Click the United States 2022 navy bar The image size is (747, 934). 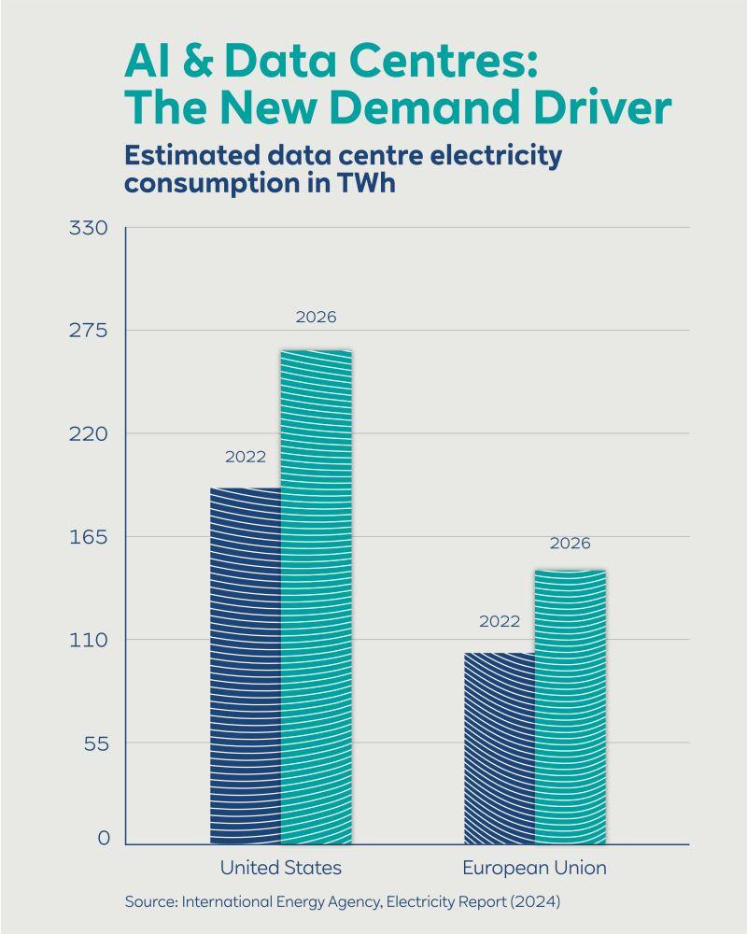pyautogui.click(x=246, y=666)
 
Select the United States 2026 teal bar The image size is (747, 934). pyautogui.click(x=317, y=597)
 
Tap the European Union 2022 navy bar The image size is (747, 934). pyautogui.click(x=500, y=749)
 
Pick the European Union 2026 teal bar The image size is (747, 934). pyautogui.click(x=571, y=707)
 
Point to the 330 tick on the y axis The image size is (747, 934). pyautogui.click(x=88, y=228)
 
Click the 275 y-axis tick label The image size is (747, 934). pyautogui.click(x=88, y=330)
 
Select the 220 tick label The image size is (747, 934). pyautogui.click(x=88, y=433)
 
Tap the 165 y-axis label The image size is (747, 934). pyautogui.click(x=88, y=537)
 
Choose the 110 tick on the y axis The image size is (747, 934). pyautogui.click(x=88, y=641)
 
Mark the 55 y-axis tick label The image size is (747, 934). pyautogui.click(x=96, y=743)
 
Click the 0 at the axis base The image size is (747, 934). pyautogui.click(x=104, y=838)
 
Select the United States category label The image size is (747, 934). pyautogui.click(x=280, y=868)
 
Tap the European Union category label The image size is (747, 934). pyautogui.click(x=534, y=868)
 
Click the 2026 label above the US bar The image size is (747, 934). pyautogui.click(x=317, y=317)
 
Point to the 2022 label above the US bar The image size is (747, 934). pyautogui.click(x=246, y=457)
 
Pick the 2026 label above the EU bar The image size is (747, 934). pyautogui.click(x=571, y=544)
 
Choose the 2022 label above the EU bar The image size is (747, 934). pyautogui.click(x=500, y=621)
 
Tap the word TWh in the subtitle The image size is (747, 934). pyautogui.click(x=366, y=182)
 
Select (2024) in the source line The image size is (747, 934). pyautogui.click(x=536, y=901)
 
